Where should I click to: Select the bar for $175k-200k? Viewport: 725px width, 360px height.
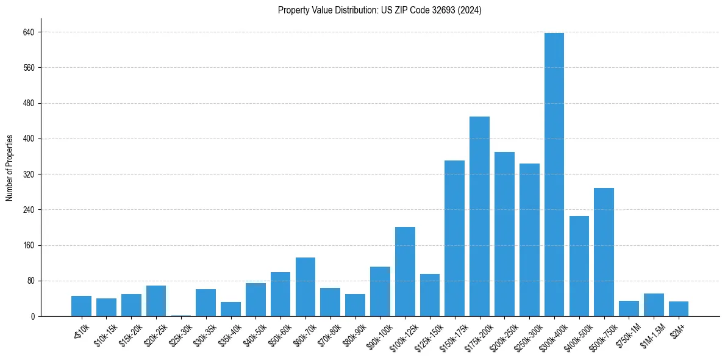(x=479, y=216)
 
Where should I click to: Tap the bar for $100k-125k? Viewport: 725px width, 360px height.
(x=405, y=272)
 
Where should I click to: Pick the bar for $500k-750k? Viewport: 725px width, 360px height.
(x=604, y=252)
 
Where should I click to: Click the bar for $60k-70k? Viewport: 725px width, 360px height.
(x=305, y=287)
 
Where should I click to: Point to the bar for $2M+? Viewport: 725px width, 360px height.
(x=678, y=309)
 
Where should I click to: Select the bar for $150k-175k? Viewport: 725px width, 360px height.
(x=454, y=238)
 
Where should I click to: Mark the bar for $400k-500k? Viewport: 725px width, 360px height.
(x=579, y=266)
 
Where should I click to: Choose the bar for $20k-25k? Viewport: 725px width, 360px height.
(x=156, y=301)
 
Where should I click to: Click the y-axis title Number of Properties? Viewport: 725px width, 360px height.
(x=9, y=168)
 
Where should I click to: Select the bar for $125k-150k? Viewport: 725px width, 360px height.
(x=430, y=295)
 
